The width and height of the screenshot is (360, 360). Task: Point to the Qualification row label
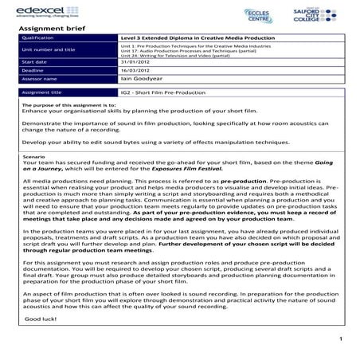point(37,37)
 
